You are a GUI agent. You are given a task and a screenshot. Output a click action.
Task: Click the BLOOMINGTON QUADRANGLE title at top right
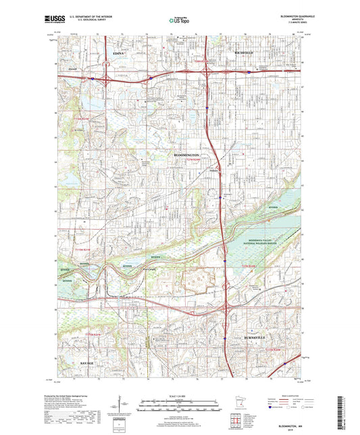[286, 16]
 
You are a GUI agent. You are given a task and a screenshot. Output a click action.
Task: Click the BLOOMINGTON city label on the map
[183, 155]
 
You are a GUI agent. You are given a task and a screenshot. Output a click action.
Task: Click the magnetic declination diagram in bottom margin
[128, 405]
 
